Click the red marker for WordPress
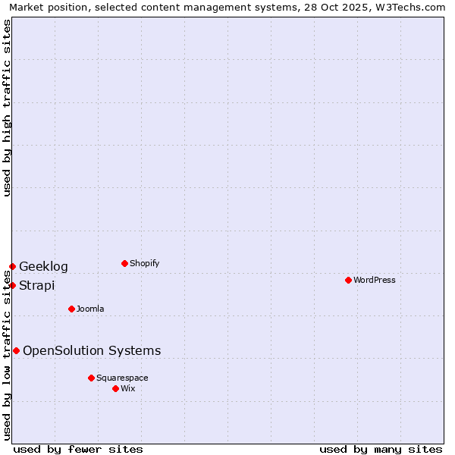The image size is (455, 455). pyautogui.click(x=348, y=280)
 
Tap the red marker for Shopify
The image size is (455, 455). pyautogui.click(x=124, y=263)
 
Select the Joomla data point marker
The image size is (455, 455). pyautogui.click(x=71, y=309)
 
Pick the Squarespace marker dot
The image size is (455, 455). pyautogui.click(x=91, y=378)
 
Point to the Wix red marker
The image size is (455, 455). pyautogui.click(x=115, y=388)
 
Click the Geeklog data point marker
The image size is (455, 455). pyautogui.click(x=12, y=266)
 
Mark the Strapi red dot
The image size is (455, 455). pyautogui.click(x=12, y=285)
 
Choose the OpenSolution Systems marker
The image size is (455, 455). pyautogui.click(x=16, y=350)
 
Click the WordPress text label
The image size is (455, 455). pyautogui.click(x=375, y=281)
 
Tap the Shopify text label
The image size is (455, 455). pyautogui.click(x=145, y=264)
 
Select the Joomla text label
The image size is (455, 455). pyautogui.click(x=90, y=309)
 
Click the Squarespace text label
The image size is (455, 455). pyautogui.click(x=122, y=378)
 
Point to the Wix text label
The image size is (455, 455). pyautogui.click(x=128, y=389)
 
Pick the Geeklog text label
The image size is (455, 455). pyautogui.click(x=43, y=267)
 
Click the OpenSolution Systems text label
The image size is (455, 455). pyautogui.click(x=92, y=351)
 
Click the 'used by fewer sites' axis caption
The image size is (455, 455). pyautogui.click(x=78, y=449)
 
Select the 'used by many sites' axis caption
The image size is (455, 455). pyautogui.click(x=381, y=449)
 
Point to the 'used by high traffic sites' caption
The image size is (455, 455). pyautogui.click(x=8, y=108)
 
